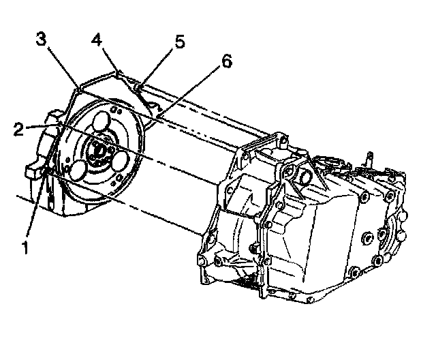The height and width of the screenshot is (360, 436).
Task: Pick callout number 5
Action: coord(179,42)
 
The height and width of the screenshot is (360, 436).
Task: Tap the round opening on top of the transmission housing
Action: coord(305,177)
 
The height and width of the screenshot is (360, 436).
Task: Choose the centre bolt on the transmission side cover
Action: coord(368,239)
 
